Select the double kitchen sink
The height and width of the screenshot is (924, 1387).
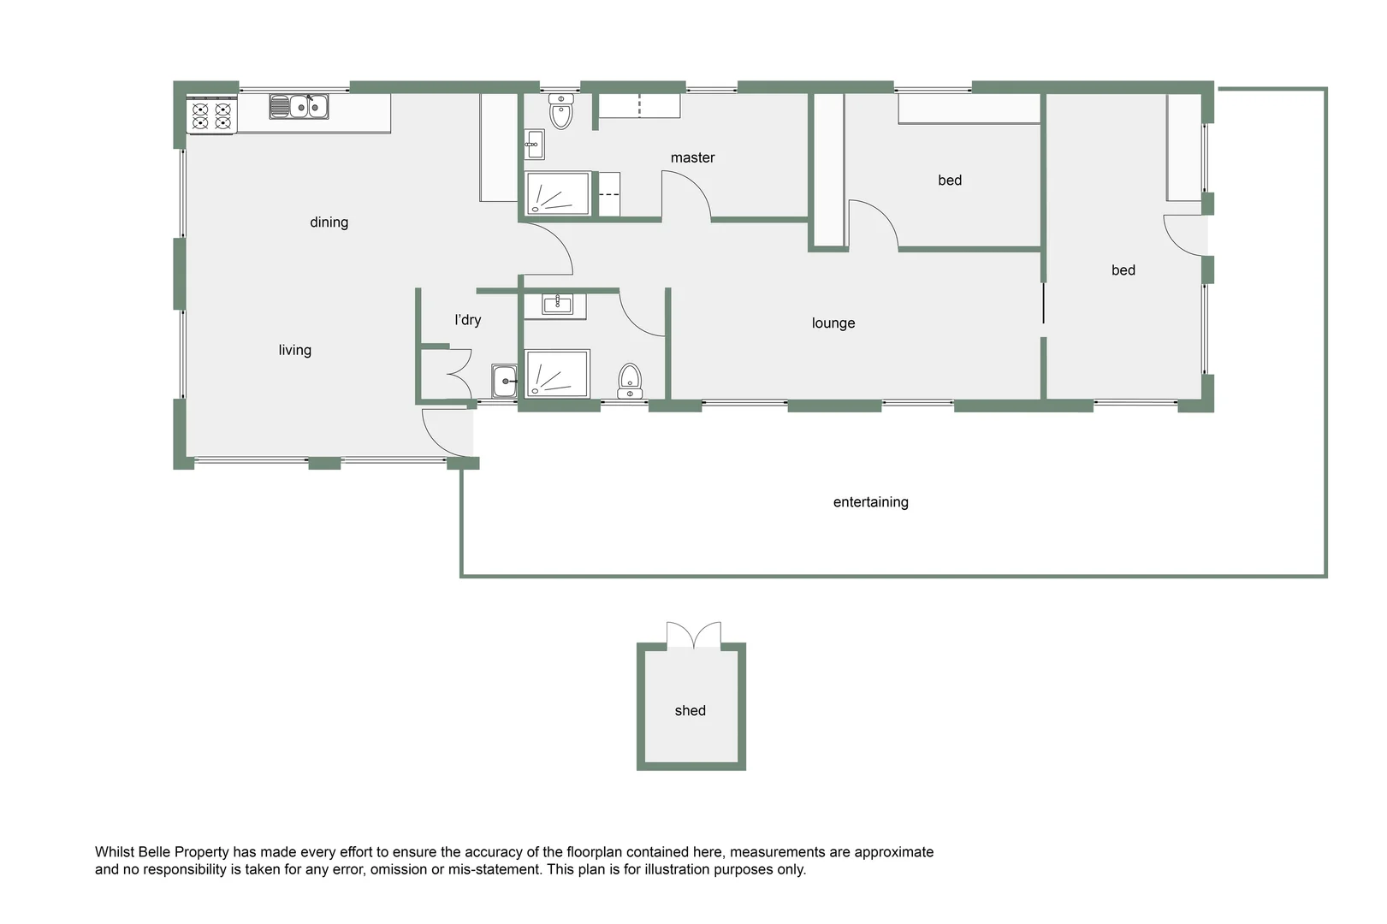click(x=299, y=106)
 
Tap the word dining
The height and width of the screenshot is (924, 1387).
click(x=329, y=222)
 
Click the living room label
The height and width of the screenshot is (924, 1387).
click(x=294, y=350)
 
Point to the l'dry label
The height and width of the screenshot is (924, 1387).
click(x=467, y=320)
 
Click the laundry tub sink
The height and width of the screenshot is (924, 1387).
click(x=504, y=381)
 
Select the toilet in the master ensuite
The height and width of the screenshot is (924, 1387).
click(x=561, y=111)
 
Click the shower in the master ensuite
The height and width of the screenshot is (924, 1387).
click(x=557, y=193)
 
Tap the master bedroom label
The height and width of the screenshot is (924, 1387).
click(x=692, y=157)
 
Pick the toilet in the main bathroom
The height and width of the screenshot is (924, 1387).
click(x=630, y=380)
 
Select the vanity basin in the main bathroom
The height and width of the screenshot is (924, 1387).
click(x=557, y=304)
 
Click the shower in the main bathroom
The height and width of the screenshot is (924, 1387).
click(x=557, y=373)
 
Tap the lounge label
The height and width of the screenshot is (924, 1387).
click(x=833, y=323)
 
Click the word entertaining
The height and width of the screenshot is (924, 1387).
click(x=870, y=502)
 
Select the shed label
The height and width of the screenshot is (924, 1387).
click(x=690, y=711)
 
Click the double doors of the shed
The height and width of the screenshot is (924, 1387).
click(x=694, y=636)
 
